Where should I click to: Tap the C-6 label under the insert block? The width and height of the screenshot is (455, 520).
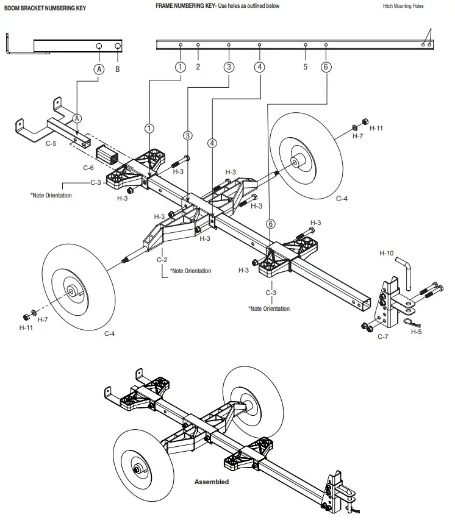click(x=88, y=167)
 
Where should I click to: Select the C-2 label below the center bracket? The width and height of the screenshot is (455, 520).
click(x=162, y=260)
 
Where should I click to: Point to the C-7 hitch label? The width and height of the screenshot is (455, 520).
click(x=382, y=337)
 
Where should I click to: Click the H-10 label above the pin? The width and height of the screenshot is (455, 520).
click(x=386, y=252)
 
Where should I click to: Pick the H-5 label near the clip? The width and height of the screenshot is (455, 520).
click(x=416, y=332)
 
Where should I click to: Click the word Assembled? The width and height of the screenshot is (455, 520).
click(x=212, y=482)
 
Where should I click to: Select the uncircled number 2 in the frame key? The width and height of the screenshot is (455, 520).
click(x=198, y=68)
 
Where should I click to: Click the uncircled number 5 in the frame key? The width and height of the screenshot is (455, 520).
click(x=305, y=68)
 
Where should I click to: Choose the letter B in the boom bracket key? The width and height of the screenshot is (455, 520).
click(x=118, y=69)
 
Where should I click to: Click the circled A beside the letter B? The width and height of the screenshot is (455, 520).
click(x=99, y=69)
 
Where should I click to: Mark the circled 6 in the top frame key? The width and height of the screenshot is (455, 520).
click(x=326, y=68)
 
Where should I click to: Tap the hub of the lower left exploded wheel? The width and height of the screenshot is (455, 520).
click(x=74, y=293)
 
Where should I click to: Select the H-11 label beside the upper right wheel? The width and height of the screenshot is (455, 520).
click(x=377, y=129)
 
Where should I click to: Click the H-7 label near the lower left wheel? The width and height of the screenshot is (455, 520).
click(x=43, y=319)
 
